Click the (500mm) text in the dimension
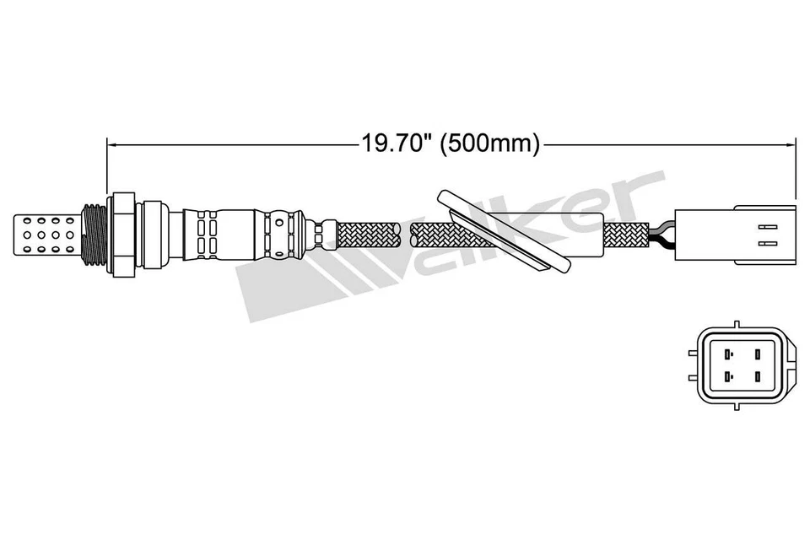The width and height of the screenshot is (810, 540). tap(493, 143)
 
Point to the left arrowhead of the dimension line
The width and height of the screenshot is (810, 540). tap(112, 143)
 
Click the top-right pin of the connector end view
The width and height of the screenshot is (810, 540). tap(758, 354)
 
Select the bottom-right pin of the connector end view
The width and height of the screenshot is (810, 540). tap(758, 377)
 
